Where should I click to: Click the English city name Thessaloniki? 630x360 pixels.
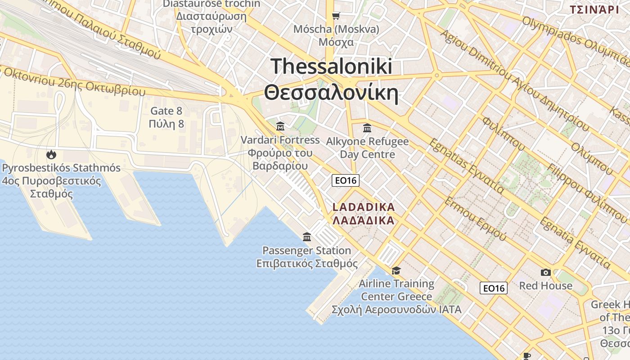point(332,67)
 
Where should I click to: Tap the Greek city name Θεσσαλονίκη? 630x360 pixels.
point(332,93)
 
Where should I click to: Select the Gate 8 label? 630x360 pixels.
point(166,111)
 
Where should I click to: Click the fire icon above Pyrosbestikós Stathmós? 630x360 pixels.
point(51,155)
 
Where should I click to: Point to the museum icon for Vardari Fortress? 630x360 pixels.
point(280,126)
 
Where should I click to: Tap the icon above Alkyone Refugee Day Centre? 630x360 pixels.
point(367,128)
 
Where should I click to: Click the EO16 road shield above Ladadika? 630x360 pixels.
point(346,180)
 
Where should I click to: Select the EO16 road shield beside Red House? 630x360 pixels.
point(494,288)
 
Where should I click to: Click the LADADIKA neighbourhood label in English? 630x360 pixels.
point(364,207)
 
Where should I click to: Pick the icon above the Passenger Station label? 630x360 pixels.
point(307,237)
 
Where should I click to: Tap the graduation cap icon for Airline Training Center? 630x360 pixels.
point(396,270)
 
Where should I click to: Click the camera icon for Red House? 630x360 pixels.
point(546,272)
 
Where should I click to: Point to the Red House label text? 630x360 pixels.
point(546,286)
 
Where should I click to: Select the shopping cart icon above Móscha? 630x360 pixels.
point(336,16)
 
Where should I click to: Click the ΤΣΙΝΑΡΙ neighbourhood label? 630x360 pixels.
point(594,9)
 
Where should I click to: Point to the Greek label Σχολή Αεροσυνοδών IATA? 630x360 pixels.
point(396,310)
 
